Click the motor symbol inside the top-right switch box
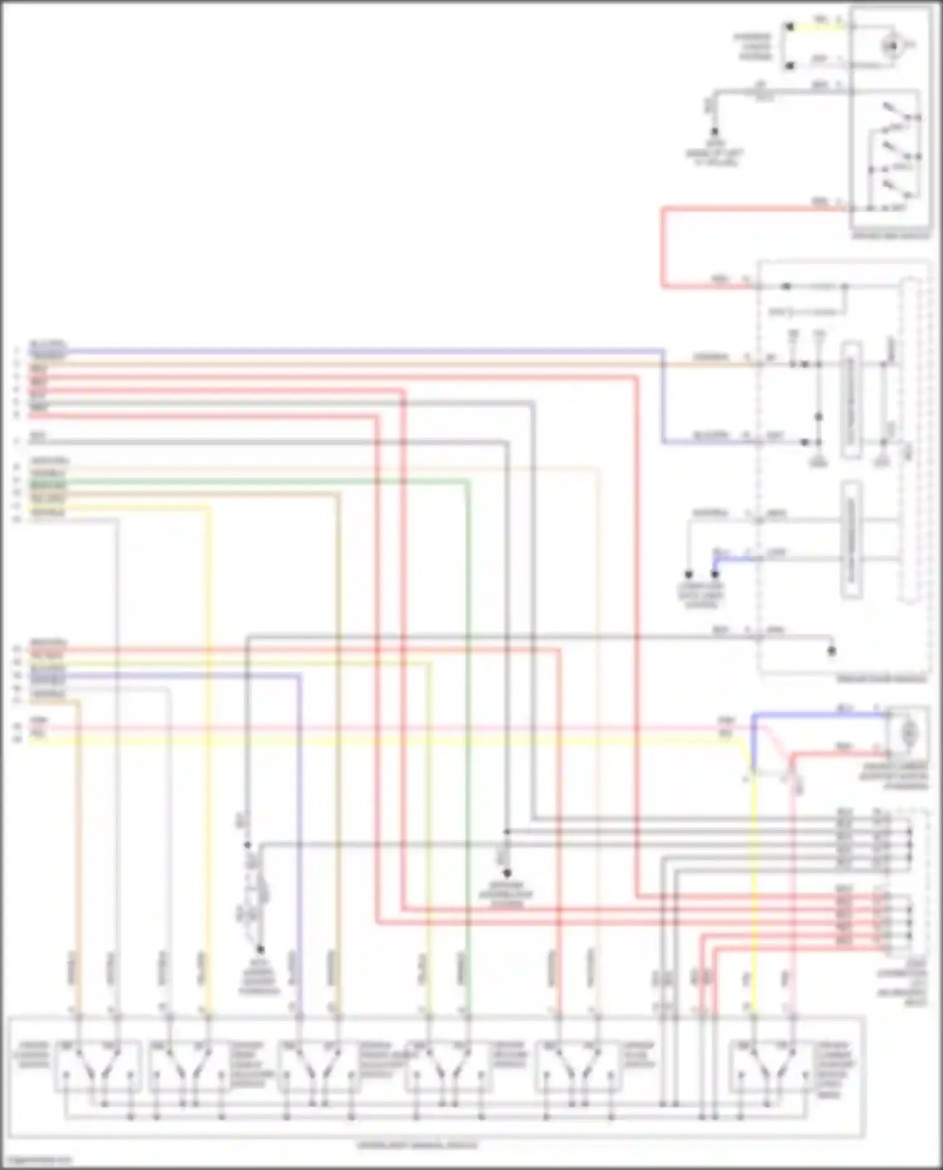point(890,45)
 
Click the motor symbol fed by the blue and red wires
point(908,732)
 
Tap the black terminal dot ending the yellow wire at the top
point(790,27)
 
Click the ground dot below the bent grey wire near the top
point(715,133)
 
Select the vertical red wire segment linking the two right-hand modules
point(663,248)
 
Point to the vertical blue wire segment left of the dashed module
point(663,396)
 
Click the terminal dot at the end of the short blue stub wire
point(715,574)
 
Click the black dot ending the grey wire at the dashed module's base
point(831,651)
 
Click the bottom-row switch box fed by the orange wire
point(97,1066)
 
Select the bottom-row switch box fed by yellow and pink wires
point(771,1066)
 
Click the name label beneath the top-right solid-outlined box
point(890,236)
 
